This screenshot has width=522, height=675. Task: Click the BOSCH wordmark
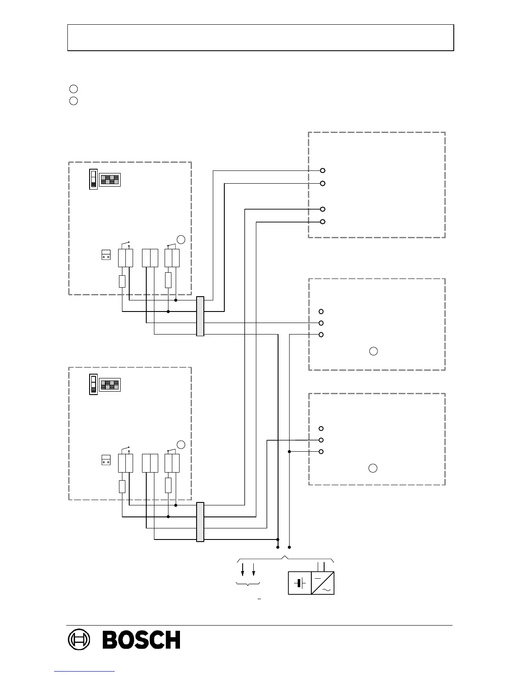pos(141,640)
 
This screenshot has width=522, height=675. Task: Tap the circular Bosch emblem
pos(79,640)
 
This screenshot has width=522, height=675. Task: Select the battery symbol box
pos(300,583)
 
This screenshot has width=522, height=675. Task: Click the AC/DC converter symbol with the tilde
pos(323,583)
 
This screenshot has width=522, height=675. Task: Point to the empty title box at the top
pos(260,37)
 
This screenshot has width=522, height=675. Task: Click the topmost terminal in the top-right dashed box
pos(323,170)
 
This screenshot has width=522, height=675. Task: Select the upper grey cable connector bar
pos(200,316)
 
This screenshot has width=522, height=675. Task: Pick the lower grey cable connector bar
pos(200,522)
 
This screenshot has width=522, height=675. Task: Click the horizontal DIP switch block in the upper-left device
pos(110,180)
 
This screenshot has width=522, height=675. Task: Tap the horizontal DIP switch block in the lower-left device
pos(110,385)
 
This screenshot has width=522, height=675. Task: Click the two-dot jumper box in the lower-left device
pos(106,460)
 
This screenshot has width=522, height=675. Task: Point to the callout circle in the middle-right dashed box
pos(373,352)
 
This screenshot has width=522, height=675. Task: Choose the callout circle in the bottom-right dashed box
pos(373,468)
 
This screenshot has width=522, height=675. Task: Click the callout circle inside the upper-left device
pos(181,239)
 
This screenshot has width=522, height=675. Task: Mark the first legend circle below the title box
pos(73,89)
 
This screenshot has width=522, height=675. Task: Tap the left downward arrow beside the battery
pos(243,569)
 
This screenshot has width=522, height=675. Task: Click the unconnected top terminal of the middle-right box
pos(321,312)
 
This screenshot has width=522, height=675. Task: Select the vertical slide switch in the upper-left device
pos(93,179)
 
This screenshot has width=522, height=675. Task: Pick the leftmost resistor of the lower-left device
pos(122,486)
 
